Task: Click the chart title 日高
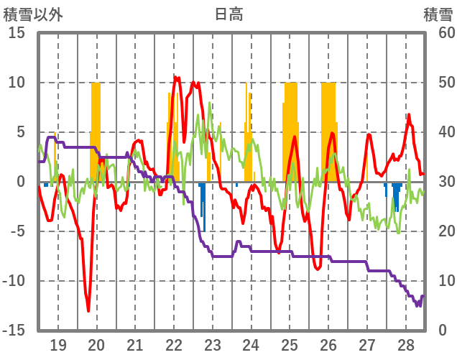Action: click(x=228, y=14)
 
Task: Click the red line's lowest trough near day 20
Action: click(x=88, y=310)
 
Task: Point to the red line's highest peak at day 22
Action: click(x=175, y=77)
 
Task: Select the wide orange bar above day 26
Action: click(x=328, y=129)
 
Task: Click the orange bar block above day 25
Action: click(x=290, y=129)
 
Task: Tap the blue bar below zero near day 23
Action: click(x=204, y=208)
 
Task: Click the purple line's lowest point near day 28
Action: click(x=417, y=305)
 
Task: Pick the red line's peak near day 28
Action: click(x=409, y=115)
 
